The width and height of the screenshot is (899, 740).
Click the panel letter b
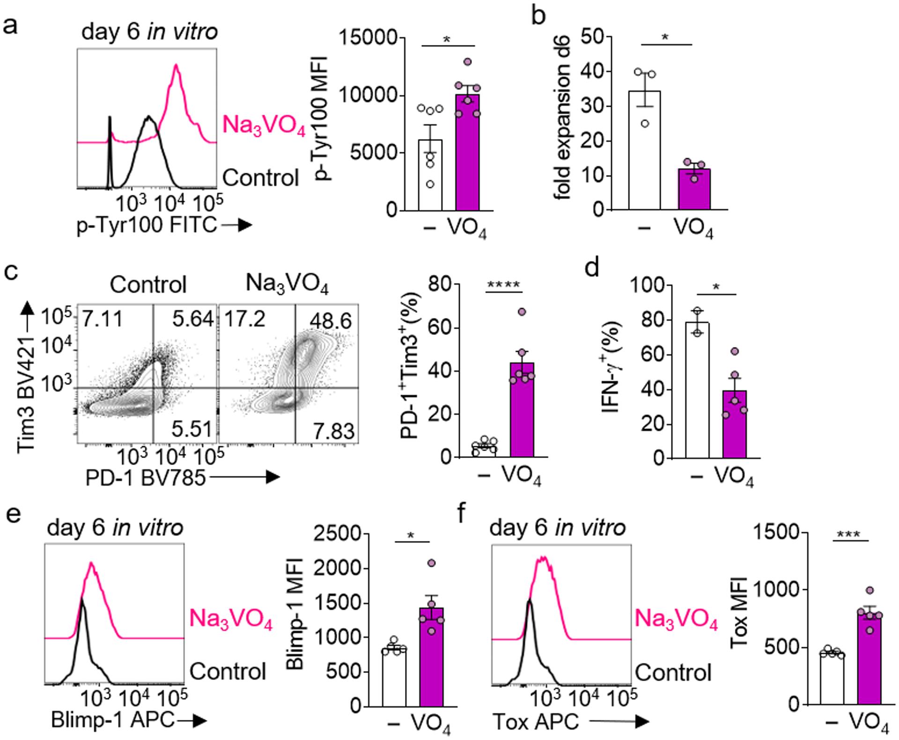[539, 17]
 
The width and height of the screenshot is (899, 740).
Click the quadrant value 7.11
[103, 320]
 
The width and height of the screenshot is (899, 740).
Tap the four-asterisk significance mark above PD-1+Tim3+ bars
[503, 285]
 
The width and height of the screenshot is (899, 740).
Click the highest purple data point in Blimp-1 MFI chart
[431, 563]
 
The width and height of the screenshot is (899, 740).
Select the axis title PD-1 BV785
[145, 477]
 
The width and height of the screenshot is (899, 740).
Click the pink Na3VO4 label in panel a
[264, 126]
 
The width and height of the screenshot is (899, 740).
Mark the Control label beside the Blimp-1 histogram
[228, 671]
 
